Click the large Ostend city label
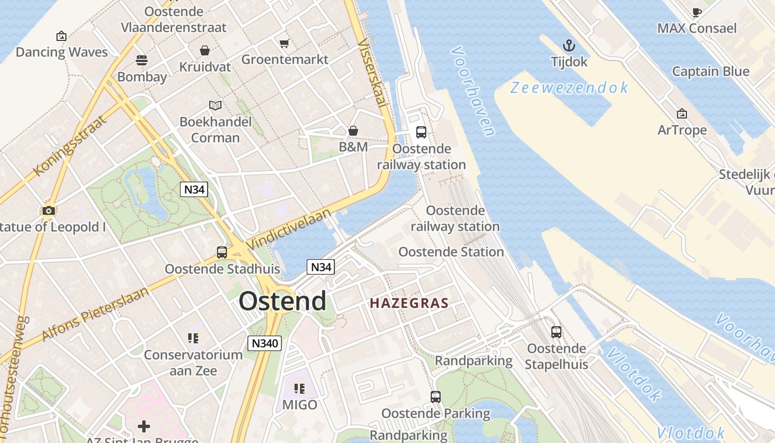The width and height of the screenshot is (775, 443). (282, 302)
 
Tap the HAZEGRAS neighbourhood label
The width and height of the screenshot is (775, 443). (409, 303)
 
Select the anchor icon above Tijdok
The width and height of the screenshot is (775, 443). (569, 45)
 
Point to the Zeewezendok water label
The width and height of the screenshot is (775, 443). (570, 88)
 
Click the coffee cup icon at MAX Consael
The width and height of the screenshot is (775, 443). (697, 12)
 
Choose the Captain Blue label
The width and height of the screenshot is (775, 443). (710, 71)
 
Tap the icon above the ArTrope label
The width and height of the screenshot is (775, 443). (682, 114)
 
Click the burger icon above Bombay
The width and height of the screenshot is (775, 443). (142, 60)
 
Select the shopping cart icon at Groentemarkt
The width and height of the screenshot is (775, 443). (285, 43)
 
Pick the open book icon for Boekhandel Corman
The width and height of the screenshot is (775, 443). (215, 105)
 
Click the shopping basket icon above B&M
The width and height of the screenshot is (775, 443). (353, 131)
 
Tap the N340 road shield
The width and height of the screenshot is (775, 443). (265, 343)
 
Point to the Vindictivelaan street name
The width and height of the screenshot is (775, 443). (288, 229)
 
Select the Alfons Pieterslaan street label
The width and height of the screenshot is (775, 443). (95, 314)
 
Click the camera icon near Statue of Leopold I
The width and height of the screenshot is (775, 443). (49, 210)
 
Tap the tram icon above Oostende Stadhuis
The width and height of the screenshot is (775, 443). (222, 253)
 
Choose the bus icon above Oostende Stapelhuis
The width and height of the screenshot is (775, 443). (556, 332)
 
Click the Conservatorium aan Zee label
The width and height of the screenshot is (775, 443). (193, 363)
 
